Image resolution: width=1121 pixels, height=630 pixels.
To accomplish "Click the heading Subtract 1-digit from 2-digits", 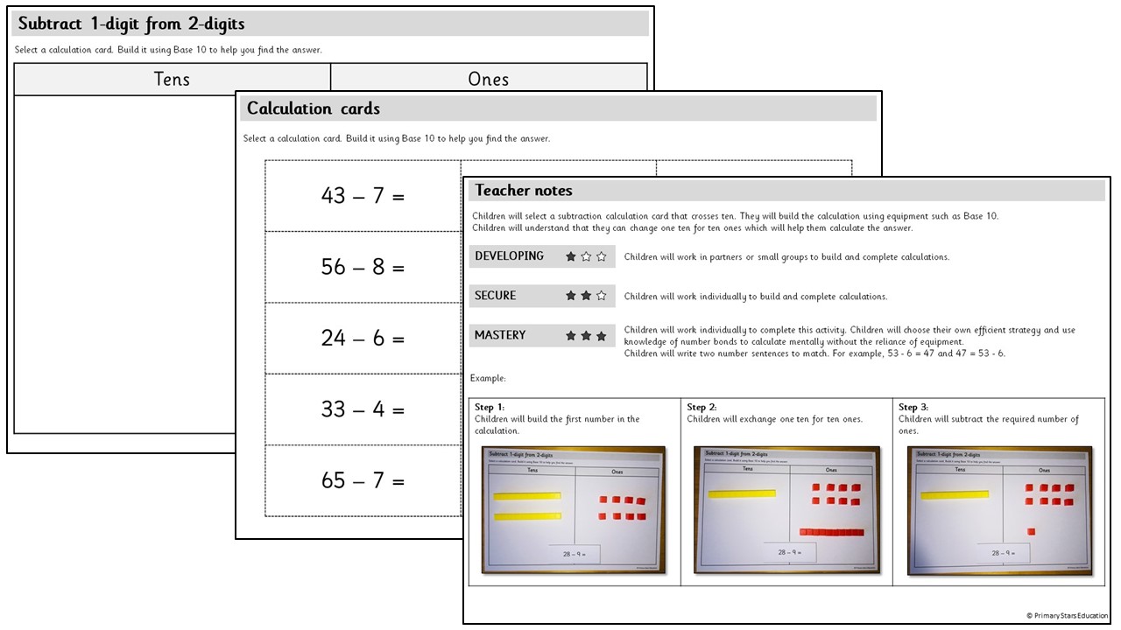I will (131, 24).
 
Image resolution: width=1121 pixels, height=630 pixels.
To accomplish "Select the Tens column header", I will (172, 79).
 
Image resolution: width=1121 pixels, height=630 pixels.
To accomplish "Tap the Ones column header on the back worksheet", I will (488, 79).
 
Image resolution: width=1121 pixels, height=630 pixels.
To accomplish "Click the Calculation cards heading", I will (314, 108).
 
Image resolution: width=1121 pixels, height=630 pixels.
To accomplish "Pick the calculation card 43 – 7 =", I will (363, 196).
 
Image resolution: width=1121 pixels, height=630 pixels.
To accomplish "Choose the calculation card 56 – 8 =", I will (363, 267).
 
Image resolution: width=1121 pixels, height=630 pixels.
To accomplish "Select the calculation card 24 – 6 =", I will (363, 338).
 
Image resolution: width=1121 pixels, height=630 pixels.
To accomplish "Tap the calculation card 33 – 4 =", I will (363, 409).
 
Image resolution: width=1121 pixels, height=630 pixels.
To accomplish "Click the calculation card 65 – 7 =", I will (363, 480).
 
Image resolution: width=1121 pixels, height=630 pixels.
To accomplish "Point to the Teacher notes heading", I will (524, 190).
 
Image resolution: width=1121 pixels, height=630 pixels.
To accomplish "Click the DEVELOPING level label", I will (509, 256).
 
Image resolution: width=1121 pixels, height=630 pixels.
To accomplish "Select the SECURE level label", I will (495, 296).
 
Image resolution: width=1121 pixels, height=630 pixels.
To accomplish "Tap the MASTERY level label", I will (500, 335).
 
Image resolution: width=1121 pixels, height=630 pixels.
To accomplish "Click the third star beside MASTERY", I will (601, 336).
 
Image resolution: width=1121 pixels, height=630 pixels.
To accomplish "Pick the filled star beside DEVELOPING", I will (571, 257).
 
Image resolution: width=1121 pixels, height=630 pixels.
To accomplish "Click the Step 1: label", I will (490, 407).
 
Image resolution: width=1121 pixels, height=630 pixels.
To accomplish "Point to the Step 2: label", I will (702, 407).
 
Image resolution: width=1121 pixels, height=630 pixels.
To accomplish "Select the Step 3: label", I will (913, 407).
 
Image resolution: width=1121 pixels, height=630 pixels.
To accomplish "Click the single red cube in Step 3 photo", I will (1031, 530).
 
